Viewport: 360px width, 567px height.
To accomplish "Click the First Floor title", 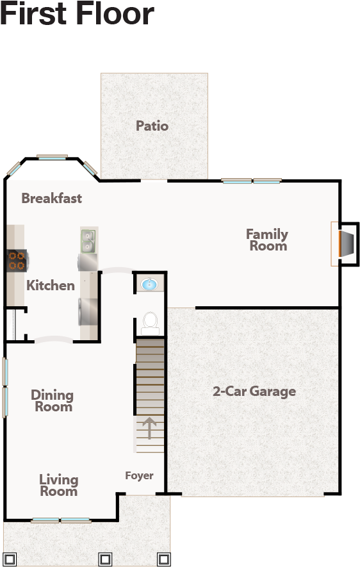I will [x=77, y=14].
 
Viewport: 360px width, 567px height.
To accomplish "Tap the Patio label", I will [x=152, y=126].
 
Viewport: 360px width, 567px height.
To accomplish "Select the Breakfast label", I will [x=52, y=198].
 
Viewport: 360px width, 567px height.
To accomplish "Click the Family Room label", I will [x=267, y=240].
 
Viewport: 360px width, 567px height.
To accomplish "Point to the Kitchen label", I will [x=51, y=285].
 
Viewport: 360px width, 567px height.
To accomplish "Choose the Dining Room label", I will [x=53, y=400].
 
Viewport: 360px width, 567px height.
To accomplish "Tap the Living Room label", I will [x=58, y=485].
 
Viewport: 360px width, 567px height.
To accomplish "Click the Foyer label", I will [x=139, y=475].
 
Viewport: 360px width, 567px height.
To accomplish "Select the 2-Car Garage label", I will [x=254, y=391].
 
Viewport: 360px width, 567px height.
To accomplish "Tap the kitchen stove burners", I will [x=16, y=259].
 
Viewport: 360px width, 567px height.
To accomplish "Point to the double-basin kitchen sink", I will [x=88, y=241].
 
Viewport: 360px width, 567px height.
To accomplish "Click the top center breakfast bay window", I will [x=52, y=157].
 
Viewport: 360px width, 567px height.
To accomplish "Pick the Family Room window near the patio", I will [x=252, y=181].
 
